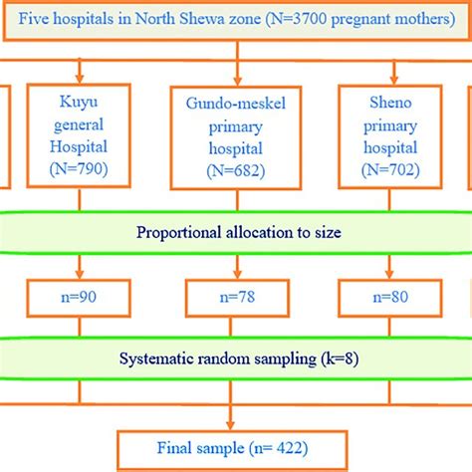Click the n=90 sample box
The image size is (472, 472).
(x=77, y=297)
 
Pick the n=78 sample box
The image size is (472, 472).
(x=234, y=297)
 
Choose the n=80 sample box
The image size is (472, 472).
(x=392, y=297)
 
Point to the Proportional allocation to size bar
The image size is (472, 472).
(x=236, y=235)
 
